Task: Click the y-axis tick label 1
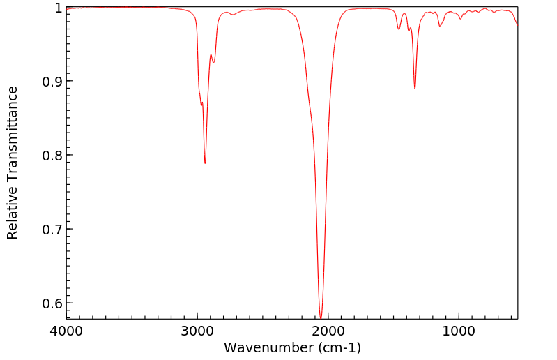(x=58, y=8)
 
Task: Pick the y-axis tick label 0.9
(x=50, y=82)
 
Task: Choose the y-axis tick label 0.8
(x=50, y=156)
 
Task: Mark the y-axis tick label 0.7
(x=50, y=230)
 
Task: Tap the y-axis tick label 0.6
(x=50, y=303)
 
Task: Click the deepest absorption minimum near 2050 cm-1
(x=321, y=318)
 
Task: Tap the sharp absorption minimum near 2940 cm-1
(x=205, y=163)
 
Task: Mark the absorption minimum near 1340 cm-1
(x=415, y=89)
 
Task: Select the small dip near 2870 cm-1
(x=213, y=63)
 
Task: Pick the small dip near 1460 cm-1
(x=399, y=29)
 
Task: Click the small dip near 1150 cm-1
(x=439, y=26)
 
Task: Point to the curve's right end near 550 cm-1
(x=517, y=25)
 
